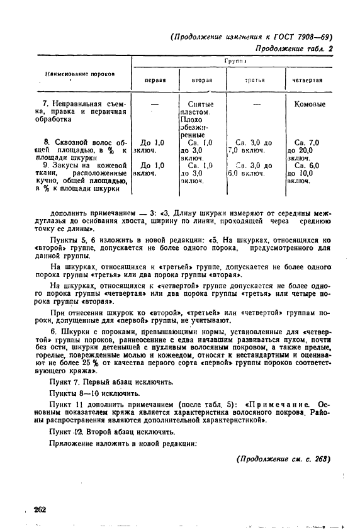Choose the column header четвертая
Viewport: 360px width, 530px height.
308,81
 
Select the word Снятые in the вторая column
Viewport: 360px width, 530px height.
201,104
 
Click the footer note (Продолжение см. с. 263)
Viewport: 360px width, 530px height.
283,458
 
